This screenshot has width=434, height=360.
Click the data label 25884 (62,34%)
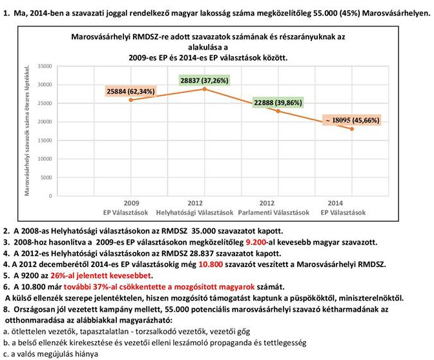pos(130,92)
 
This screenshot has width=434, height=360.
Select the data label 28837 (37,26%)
pos(203,80)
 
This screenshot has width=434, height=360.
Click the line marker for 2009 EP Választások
pos(131,99)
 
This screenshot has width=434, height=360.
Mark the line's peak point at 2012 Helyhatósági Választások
pos(205,88)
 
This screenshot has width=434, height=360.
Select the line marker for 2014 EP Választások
pos(352,129)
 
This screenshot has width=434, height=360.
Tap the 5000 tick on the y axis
pos(46,177)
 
